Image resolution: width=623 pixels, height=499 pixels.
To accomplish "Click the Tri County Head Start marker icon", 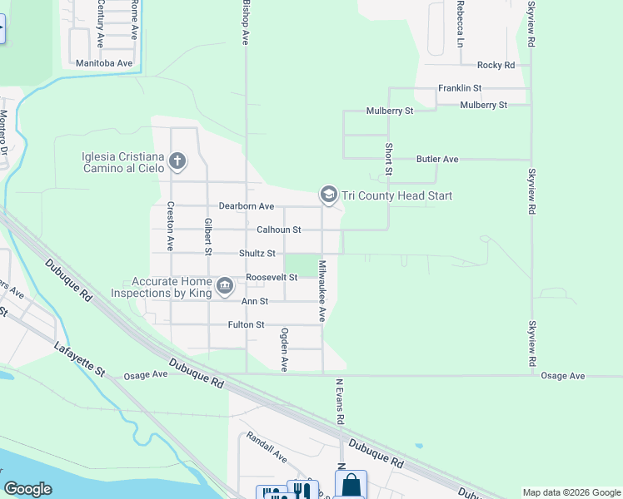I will point(328,195).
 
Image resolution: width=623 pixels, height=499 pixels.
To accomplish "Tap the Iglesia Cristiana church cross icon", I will point(177,161).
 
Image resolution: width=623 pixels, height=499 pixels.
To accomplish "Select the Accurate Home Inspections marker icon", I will point(225,287).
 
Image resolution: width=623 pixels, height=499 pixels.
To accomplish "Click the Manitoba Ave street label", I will point(104,63).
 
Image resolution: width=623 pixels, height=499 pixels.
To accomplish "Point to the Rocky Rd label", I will point(496,65).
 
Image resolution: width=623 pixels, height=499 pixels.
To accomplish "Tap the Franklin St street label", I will point(461,88).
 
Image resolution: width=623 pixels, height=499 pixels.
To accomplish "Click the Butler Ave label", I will point(438,159).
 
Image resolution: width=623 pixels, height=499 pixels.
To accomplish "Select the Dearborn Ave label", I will point(246,206).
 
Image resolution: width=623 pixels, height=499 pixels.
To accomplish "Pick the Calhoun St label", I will point(278,230).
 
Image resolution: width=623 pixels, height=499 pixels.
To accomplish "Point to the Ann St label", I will point(255,301).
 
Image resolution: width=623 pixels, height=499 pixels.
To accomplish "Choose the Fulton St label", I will point(246,325).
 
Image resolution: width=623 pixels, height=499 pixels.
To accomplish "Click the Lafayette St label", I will point(82,360).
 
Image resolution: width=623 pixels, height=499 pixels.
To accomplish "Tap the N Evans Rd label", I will point(340,402).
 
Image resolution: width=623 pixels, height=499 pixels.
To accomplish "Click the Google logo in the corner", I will point(27,488).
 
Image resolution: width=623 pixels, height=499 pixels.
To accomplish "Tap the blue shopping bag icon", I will point(351,485).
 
